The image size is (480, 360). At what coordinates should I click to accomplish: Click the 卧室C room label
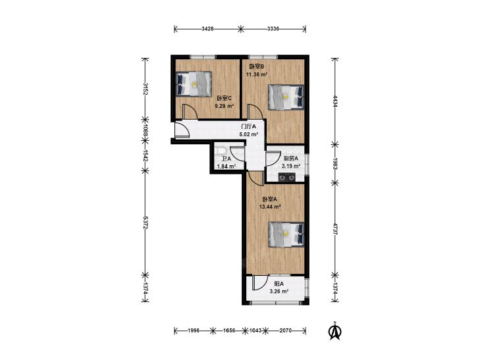coord(225,98)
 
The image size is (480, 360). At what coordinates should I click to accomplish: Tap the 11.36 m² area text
coord(257,74)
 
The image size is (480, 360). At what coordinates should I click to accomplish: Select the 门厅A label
coord(249,126)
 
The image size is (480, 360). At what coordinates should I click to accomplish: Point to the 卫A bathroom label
coord(227,159)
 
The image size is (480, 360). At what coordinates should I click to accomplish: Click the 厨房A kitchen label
coord(291,159)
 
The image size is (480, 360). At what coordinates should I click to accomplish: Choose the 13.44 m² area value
coord(270,207)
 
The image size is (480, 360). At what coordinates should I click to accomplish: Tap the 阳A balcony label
coord(279,284)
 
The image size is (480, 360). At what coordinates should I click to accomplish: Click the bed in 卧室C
coord(194,84)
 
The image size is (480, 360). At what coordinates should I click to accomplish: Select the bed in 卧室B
coord(286,97)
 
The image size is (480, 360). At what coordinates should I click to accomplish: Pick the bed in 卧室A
coord(286,234)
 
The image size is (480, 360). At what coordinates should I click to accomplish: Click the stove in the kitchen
coord(287,177)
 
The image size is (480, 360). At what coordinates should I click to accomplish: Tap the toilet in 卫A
coord(220,151)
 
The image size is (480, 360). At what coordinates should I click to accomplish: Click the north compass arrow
coord(335,331)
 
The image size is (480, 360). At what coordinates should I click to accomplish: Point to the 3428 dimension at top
coord(207,29)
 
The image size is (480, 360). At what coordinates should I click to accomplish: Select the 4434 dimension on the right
coord(336,101)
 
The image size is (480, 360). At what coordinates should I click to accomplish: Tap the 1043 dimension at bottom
coord(255,330)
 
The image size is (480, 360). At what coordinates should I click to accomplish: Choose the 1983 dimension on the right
coord(336,164)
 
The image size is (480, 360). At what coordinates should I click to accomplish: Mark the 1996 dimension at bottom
coord(194,330)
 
